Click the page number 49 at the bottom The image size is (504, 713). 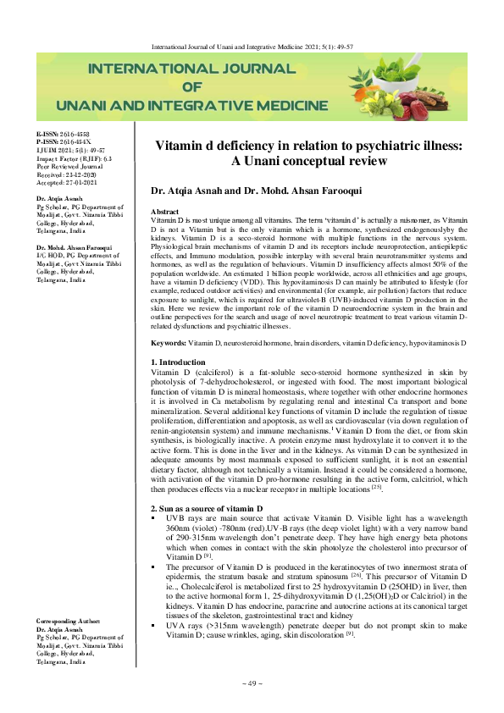point(252,683)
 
